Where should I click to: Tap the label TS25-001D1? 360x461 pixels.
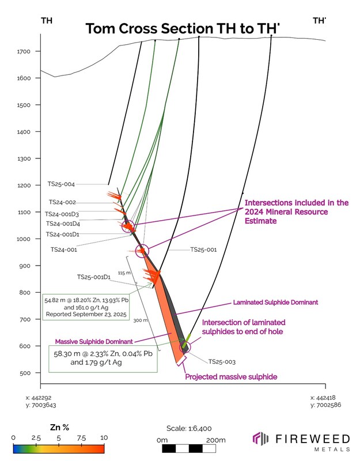(94, 277)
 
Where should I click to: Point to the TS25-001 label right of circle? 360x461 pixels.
(203, 251)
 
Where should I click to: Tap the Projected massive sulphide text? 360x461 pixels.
(231, 376)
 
